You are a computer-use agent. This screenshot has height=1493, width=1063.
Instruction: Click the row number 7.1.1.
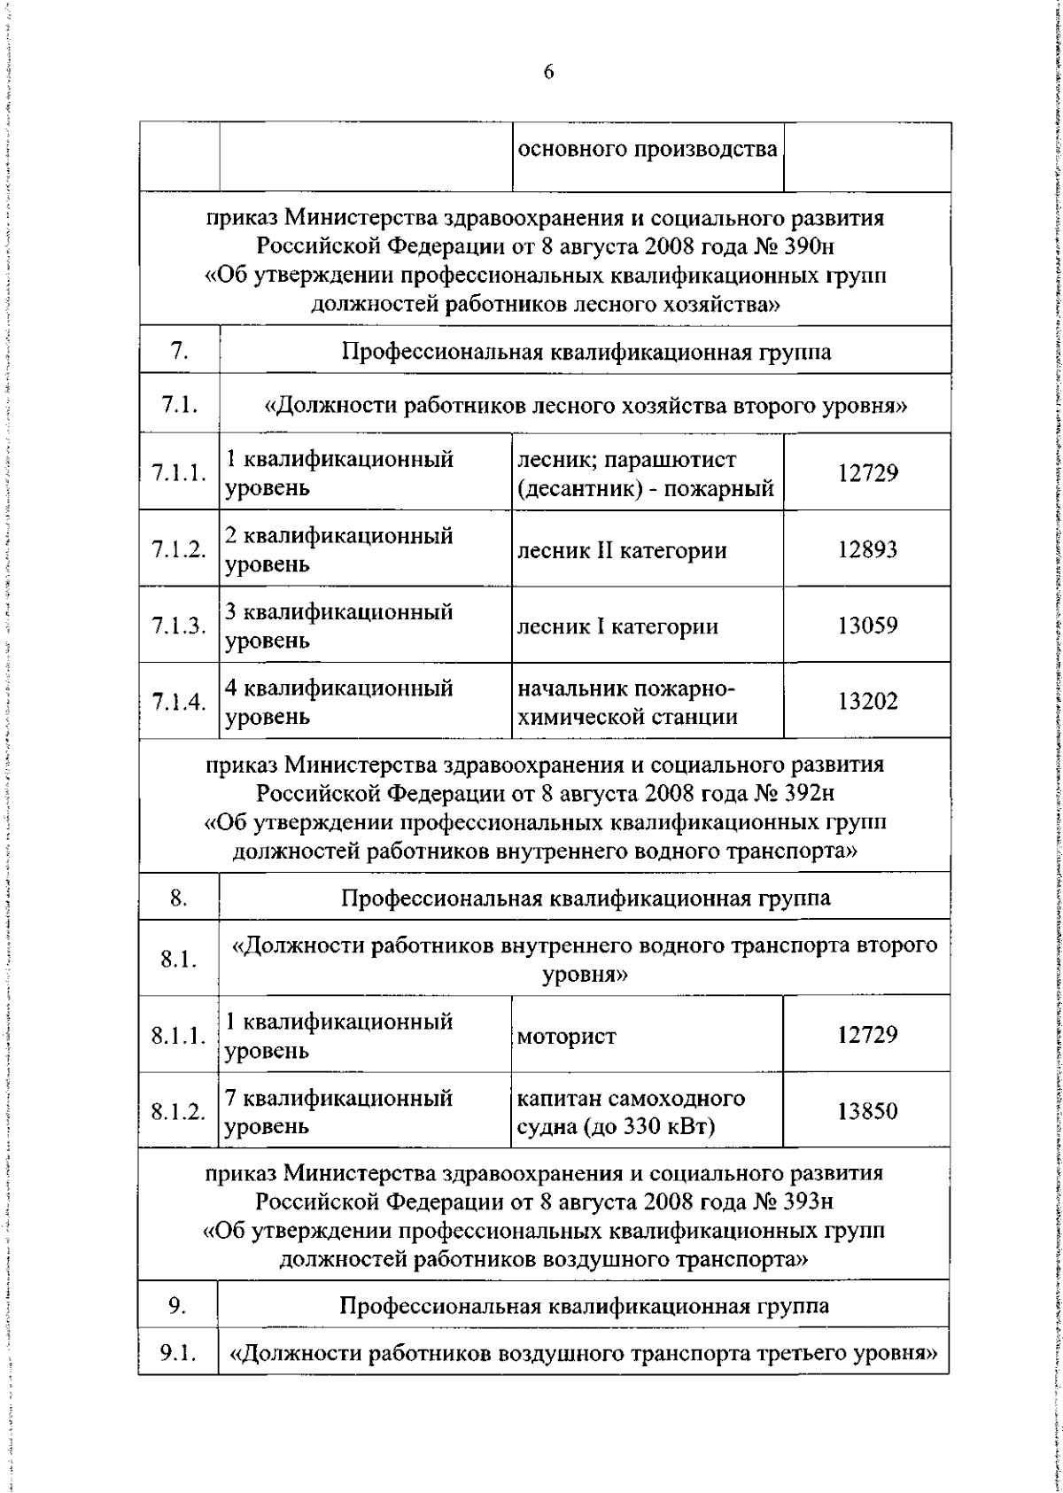tap(179, 473)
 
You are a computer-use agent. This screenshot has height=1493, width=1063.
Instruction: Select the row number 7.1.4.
tap(179, 703)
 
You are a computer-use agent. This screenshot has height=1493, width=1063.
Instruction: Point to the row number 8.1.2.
tap(178, 1112)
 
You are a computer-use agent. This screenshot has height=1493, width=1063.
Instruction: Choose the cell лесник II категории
tap(622, 550)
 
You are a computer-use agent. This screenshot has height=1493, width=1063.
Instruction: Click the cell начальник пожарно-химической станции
tap(627, 703)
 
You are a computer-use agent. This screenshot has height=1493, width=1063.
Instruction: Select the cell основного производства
tap(648, 150)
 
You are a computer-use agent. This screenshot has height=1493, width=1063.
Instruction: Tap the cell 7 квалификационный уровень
tap(351, 1112)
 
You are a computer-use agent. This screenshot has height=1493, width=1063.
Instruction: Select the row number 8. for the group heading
tap(178, 898)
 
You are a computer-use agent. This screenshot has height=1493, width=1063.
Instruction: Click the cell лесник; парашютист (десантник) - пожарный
tap(646, 474)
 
